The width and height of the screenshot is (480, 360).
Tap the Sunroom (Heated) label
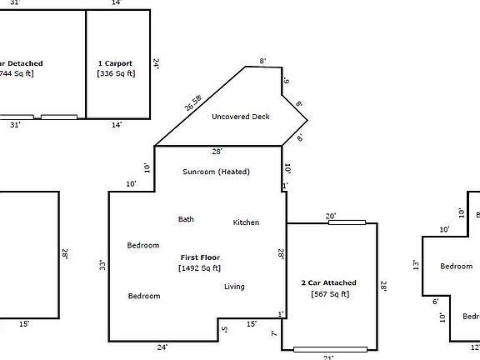[216, 172]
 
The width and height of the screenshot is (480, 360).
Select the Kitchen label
[246, 222]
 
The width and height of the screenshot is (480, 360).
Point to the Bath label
[186, 219]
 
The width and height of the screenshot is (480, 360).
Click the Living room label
[234, 287]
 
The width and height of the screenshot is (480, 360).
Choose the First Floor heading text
[200, 257]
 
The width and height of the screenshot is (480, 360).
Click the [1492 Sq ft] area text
[200, 268]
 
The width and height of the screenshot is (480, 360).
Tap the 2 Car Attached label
[328, 283]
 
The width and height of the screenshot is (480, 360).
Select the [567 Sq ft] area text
[329, 294]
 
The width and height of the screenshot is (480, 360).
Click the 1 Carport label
[116, 62]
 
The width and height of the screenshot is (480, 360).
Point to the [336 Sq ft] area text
[116, 73]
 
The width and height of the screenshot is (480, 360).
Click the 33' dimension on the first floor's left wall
[102, 266]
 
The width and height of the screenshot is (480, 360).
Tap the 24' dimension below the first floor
[162, 347]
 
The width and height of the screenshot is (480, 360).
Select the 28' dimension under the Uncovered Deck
[217, 152]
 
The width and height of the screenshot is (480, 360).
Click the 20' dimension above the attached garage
[331, 217]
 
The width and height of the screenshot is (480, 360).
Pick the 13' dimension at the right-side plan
[416, 265]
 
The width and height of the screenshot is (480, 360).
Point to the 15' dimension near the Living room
[251, 323]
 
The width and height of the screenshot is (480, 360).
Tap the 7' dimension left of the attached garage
[274, 333]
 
